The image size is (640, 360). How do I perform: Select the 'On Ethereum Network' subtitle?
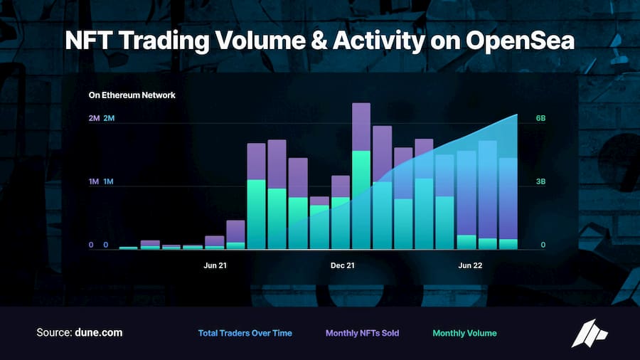132,95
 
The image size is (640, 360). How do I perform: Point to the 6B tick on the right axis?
541,118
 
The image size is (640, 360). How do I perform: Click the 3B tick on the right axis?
541,182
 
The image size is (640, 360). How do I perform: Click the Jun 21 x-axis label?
215,265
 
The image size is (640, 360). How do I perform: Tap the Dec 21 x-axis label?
343,265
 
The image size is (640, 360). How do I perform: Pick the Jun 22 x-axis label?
470,265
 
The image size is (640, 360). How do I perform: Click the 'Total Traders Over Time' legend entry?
245,333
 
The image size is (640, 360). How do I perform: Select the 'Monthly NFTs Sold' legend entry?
363,333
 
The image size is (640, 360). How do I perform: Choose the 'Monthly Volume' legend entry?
464,333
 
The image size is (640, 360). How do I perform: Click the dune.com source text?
99,333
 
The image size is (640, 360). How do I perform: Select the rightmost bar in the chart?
508,199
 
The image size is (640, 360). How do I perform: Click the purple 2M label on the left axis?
94,118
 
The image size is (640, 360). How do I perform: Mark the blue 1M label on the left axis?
109,182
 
